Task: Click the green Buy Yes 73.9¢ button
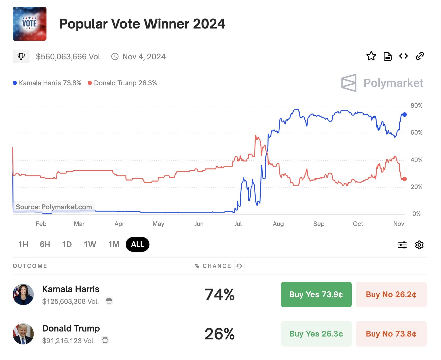[x=316, y=294]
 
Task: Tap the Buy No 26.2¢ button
[x=391, y=294]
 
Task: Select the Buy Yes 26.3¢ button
[x=316, y=334]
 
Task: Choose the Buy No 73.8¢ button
[x=391, y=334]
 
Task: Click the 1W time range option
[x=90, y=244]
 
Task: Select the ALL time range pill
[x=138, y=244]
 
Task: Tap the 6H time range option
[x=45, y=244]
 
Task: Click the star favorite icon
[x=371, y=56]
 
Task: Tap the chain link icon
[x=420, y=56]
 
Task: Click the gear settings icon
[x=419, y=245]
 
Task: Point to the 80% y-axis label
[x=416, y=106]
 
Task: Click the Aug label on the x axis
[x=278, y=224]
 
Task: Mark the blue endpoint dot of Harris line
[x=404, y=115]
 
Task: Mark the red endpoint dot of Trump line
[x=404, y=179]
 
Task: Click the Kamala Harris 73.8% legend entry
[x=47, y=83]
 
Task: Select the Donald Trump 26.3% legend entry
[x=122, y=83]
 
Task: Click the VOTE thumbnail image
[x=30, y=24]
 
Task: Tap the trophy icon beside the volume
[x=21, y=56]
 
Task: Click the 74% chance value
[x=219, y=295]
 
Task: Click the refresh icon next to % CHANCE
[x=239, y=266]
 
